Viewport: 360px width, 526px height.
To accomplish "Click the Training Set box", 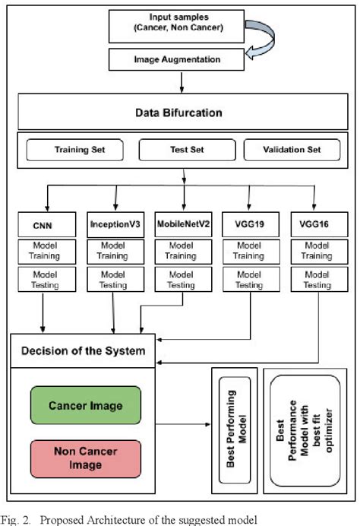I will coord(74,150).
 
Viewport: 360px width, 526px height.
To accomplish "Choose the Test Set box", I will coord(182,150).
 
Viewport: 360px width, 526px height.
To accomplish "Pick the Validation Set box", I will coord(292,150).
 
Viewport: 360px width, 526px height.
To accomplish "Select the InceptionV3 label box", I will coord(115,225).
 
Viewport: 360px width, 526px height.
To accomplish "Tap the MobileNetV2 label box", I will coord(182,225).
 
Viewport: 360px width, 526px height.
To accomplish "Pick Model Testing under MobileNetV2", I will coord(182,280).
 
